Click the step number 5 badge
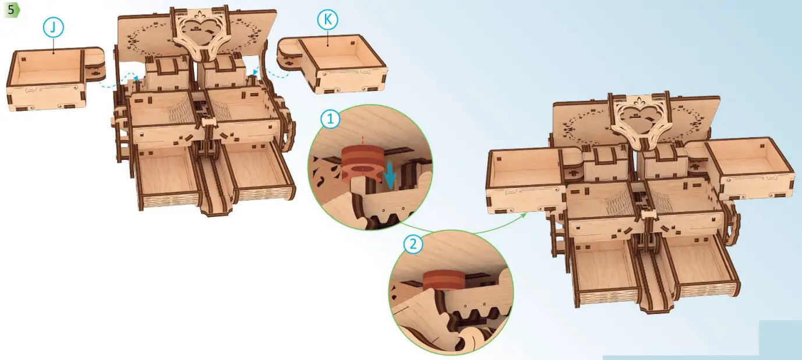click(x=12, y=10)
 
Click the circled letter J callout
click(x=54, y=27)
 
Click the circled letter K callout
click(x=327, y=20)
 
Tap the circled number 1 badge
click(x=330, y=118)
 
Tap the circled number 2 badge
click(x=413, y=244)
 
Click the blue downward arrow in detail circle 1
click(x=390, y=176)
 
